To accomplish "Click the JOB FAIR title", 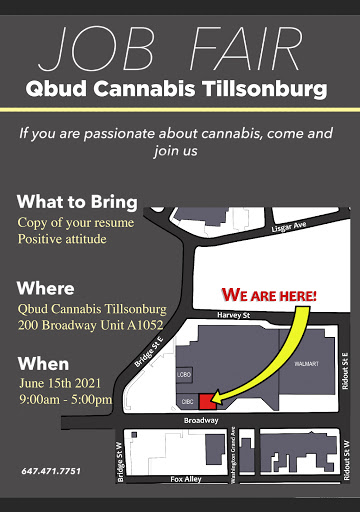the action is coord(170,49).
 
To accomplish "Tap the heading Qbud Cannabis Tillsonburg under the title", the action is coord(176,89).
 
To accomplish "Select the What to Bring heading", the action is coord(77,202).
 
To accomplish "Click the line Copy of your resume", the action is coord(76,223).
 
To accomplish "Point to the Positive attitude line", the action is coord(62,239).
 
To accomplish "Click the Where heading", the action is coord(46,288).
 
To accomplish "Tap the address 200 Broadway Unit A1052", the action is coord(91,325).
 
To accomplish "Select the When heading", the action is coord(44,364).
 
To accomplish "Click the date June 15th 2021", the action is coord(60,383).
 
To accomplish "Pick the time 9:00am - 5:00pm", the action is coord(66,399).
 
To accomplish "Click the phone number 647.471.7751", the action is coord(51,471).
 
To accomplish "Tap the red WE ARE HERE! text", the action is coord(269,295).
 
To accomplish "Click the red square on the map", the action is coord(207,401).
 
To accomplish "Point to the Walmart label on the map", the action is coord(306,364).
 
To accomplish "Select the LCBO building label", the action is coord(184,375).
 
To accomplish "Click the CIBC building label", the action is coord(187,402).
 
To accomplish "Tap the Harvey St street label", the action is coord(234,315).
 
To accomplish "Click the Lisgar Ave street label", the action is coord(289,226).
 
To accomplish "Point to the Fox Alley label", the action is coord(186,479).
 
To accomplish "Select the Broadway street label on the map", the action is coord(201,420).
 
